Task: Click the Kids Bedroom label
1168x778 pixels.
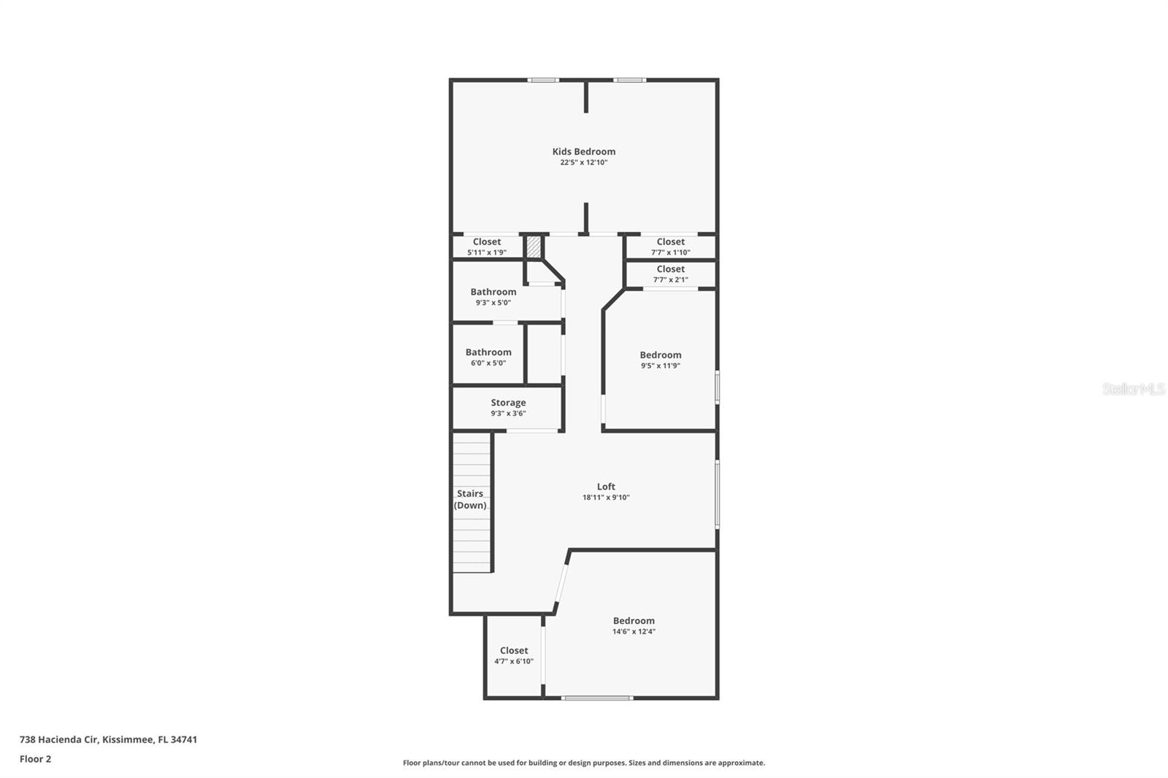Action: [x=583, y=152]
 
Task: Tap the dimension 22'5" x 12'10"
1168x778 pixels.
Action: [x=583, y=163]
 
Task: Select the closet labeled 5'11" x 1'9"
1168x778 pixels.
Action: [x=486, y=247]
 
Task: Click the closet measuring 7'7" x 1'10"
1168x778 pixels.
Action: [x=670, y=247]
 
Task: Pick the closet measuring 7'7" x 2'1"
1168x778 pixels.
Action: [x=670, y=274]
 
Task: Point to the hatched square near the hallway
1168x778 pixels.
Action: [x=534, y=247]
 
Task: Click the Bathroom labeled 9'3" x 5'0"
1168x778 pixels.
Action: [x=493, y=296]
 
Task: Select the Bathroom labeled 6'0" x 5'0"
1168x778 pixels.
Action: [x=488, y=357]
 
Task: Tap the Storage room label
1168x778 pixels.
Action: [x=508, y=403]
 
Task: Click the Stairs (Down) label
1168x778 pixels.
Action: [x=470, y=499]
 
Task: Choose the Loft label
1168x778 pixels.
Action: [x=606, y=487]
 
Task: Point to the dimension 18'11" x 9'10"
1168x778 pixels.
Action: [x=606, y=498]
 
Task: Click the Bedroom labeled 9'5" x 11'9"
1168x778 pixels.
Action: [x=660, y=360]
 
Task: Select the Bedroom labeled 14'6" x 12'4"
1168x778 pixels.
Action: [x=634, y=625]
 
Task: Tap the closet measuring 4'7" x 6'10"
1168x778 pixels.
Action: [x=514, y=655]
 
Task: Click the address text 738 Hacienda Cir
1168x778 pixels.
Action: [x=108, y=739]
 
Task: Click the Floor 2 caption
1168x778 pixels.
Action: [x=35, y=759]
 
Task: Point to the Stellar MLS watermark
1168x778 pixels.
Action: [x=1133, y=389]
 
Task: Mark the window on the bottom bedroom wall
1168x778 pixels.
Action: [x=596, y=698]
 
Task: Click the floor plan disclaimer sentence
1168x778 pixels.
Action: [x=583, y=763]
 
